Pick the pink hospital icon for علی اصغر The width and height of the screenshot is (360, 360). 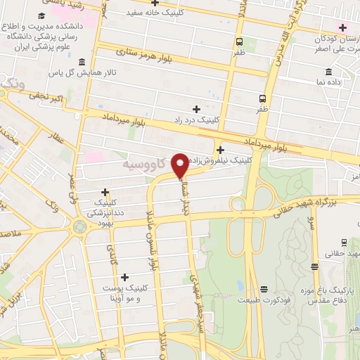point(342,28)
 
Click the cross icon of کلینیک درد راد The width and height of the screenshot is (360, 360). point(196,109)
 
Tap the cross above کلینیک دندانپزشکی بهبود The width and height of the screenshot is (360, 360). point(105,191)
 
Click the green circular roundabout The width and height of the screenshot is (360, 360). point(79,226)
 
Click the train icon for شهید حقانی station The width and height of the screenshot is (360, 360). point(314,265)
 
